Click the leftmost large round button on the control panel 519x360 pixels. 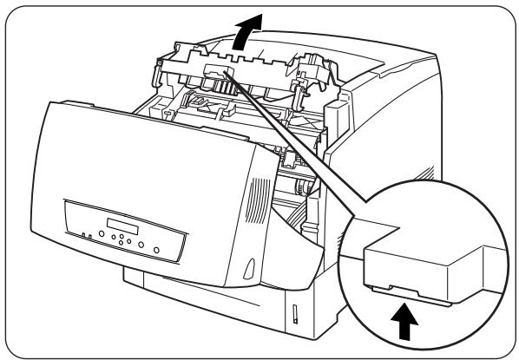point(102,234)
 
